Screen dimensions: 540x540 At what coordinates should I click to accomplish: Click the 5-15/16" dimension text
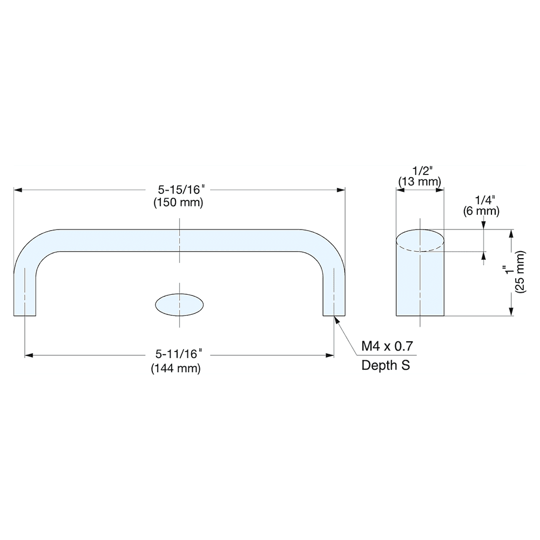(x=180, y=190)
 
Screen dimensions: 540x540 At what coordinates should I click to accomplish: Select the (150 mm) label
(x=178, y=204)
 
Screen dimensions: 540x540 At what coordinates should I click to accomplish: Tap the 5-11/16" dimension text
(x=178, y=355)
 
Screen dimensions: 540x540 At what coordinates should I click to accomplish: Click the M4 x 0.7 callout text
(x=388, y=346)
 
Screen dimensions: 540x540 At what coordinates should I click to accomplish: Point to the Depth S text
(x=386, y=366)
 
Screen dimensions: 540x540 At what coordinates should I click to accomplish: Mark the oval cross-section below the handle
(x=180, y=304)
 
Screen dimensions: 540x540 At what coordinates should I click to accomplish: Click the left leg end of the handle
(x=25, y=311)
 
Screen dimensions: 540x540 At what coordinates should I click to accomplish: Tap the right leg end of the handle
(x=334, y=311)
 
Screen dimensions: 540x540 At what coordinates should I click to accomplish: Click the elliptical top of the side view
(x=420, y=240)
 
